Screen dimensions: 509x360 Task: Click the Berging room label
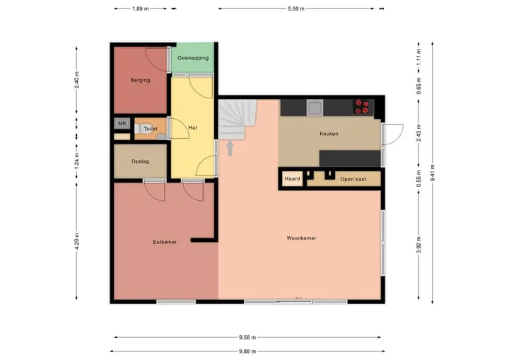(140, 80)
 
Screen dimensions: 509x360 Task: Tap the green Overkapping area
(193, 57)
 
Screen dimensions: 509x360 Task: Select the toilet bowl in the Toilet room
(140, 129)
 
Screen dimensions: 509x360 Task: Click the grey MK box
(122, 123)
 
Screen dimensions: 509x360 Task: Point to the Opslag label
(140, 161)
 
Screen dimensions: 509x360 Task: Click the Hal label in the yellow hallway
(192, 128)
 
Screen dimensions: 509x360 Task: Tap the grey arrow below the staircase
(230, 148)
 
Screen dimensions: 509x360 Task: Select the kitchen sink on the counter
(315, 108)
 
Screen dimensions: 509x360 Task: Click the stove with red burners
(362, 107)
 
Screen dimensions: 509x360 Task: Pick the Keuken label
(329, 134)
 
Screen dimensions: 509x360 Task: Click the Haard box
(292, 179)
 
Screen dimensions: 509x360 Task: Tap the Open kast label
(353, 179)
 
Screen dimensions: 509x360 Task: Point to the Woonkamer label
(301, 238)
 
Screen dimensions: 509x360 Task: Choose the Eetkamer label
(165, 242)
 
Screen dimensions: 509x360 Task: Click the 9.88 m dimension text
(247, 352)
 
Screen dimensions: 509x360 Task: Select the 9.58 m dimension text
(247, 337)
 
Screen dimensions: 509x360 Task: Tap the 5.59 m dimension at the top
(296, 8)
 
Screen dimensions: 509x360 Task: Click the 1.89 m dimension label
(140, 8)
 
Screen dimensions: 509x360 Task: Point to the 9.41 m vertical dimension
(433, 173)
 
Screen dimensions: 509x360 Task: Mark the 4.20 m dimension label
(76, 241)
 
